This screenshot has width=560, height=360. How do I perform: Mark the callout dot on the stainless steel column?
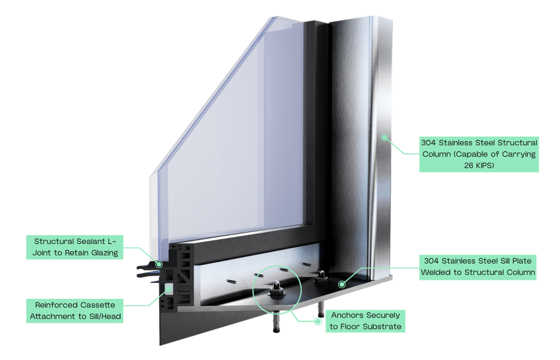[385, 136]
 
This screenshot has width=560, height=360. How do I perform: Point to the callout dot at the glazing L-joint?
[159, 264]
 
